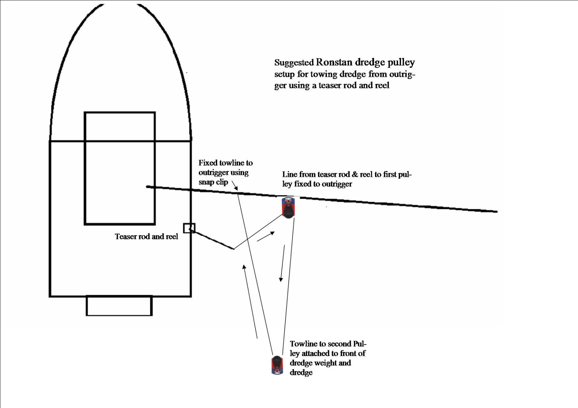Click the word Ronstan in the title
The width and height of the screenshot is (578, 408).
(x=334, y=62)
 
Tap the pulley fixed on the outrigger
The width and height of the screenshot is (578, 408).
(x=288, y=208)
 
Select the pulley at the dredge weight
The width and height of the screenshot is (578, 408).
(x=277, y=365)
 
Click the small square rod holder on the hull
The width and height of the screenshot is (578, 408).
(x=189, y=228)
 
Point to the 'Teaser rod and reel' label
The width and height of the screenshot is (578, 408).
(x=146, y=237)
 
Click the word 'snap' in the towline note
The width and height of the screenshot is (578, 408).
(x=206, y=182)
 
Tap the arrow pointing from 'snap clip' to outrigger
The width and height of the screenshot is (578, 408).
(x=234, y=185)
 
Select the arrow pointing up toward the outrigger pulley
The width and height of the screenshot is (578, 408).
(x=266, y=237)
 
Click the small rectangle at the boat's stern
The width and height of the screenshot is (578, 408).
(x=119, y=306)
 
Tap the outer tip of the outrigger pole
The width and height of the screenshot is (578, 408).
(x=496, y=211)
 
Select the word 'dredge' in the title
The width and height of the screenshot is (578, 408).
(x=370, y=62)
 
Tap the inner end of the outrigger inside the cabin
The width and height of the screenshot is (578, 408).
(x=147, y=187)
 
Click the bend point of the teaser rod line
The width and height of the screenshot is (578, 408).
(x=233, y=249)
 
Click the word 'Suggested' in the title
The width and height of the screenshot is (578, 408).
(x=294, y=62)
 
